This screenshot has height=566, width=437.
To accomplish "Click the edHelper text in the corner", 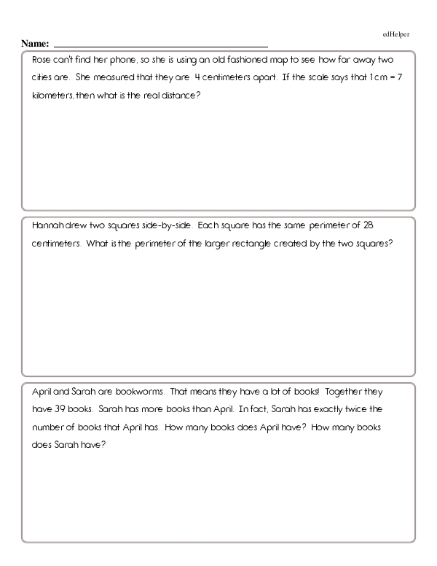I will (397, 34).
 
